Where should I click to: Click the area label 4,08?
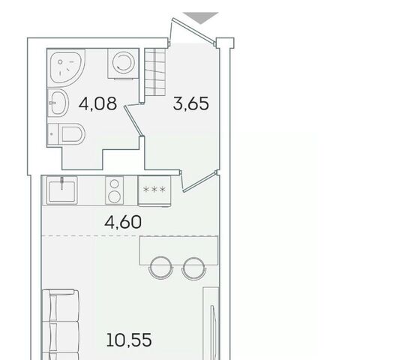[x=97, y=103]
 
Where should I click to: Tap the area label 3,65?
[x=191, y=103]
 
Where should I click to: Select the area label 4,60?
[x=123, y=222]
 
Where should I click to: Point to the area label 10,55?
[x=129, y=340]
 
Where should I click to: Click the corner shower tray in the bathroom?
[x=65, y=67]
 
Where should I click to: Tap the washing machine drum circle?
[x=123, y=62]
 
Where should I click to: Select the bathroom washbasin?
[x=58, y=103]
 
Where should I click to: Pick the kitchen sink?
[x=61, y=190]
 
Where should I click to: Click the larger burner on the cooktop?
[x=114, y=197]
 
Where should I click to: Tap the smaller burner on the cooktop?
[x=114, y=184]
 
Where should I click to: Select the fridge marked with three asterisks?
[x=154, y=191]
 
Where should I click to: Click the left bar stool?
[x=160, y=267]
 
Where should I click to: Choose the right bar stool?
[x=194, y=267]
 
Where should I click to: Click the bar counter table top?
[x=178, y=250]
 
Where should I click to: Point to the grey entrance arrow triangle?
[x=200, y=17]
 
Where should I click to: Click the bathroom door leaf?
[x=133, y=121]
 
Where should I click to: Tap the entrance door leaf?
[x=193, y=29]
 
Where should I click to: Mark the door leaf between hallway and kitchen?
[x=199, y=181]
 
